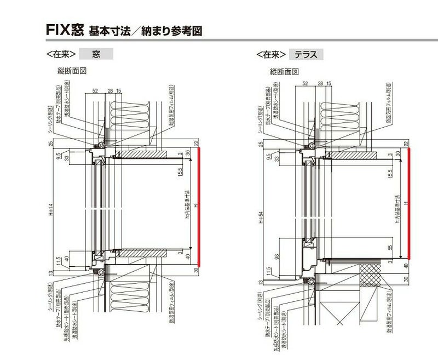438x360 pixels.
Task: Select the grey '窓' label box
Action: click(x=96, y=54)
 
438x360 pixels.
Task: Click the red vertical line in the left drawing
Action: click(x=200, y=208)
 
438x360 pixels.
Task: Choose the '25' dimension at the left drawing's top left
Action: click(x=50, y=144)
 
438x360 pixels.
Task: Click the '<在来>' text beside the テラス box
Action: click(x=271, y=55)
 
